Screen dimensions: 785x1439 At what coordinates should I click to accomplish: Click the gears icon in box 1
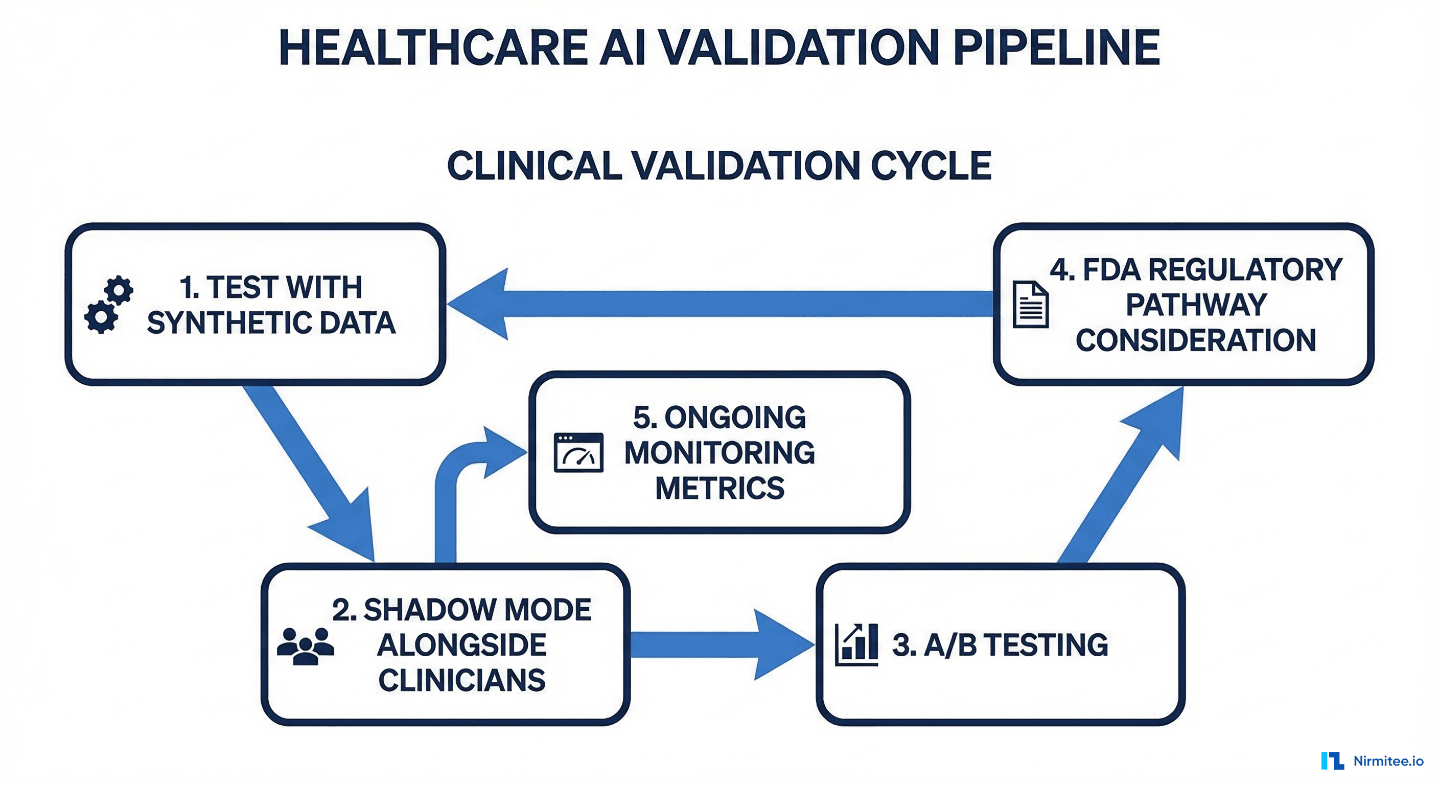click(x=109, y=305)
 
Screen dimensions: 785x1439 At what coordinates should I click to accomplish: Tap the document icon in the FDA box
click(x=1030, y=305)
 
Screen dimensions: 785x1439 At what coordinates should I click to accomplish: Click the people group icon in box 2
click(x=305, y=646)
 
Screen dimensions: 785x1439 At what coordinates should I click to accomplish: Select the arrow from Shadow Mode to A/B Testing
click(x=721, y=644)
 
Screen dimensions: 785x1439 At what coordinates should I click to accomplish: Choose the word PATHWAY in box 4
click(x=1196, y=305)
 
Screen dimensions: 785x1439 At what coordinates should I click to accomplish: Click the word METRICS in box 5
click(x=719, y=488)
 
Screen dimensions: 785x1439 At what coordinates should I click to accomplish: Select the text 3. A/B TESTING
click(x=1000, y=645)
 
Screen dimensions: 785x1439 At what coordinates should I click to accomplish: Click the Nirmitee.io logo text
click(x=1388, y=760)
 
